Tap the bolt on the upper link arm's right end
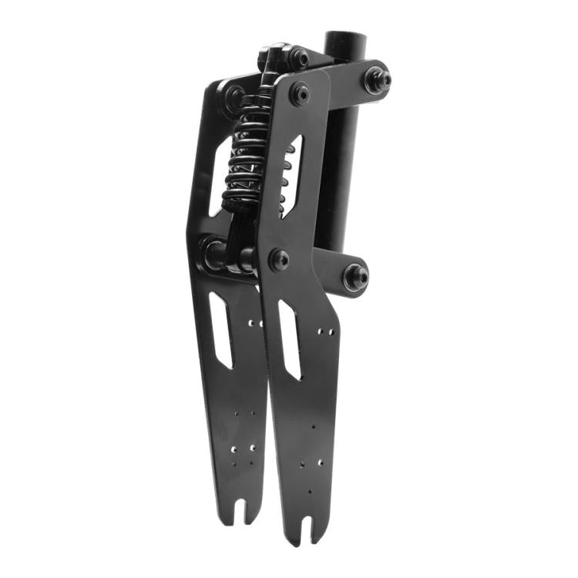(377, 79)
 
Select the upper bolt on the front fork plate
(299, 94)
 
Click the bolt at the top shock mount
(297, 56)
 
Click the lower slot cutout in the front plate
(289, 339)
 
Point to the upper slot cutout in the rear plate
(219, 177)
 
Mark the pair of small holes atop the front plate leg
(326, 331)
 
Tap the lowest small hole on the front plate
(310, 491)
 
